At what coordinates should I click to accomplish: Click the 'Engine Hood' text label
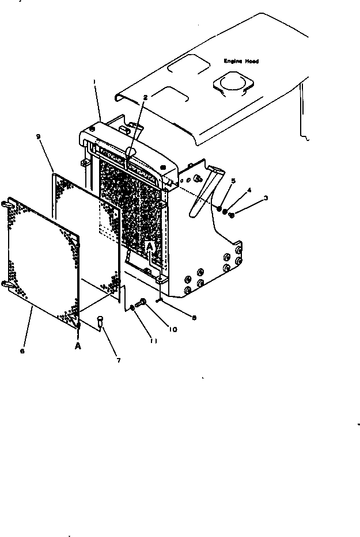(x=241, y=60)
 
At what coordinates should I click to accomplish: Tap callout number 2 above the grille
(x=146, y=97)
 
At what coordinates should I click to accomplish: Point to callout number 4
(x=249, y=189)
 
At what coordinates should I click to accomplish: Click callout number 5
(x=233, y=180)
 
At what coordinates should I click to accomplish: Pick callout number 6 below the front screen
(x=22, y=351)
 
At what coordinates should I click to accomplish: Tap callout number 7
(x=119, y=361)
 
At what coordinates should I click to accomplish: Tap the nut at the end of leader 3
(x=231, y=215)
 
